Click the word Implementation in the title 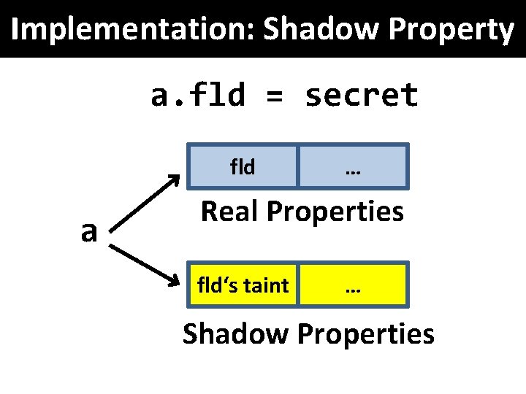pyautogui.click(x=131, y=30)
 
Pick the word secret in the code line pyautogui.click(x=362, y=96)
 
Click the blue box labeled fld pyautogui.click(x=243, y=167)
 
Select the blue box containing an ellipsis pyautogui.click(x=354, y=167)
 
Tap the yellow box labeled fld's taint pyautogui.click(x=243, y=285)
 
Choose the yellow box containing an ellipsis pyautogui.click(x=354, y=285)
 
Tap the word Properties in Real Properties pyautogui.click(x=335, y=212)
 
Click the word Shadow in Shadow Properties pyautogui.click(x=235, y=334)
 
